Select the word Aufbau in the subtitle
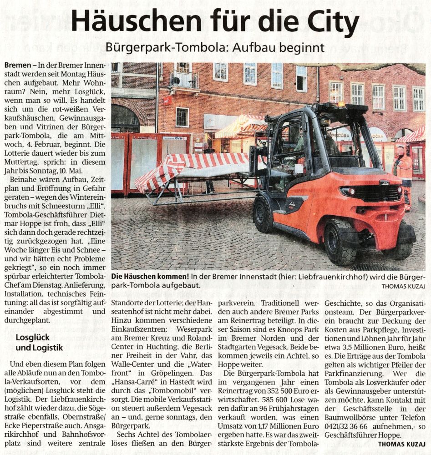click(x=240, y=47)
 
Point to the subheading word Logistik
click(x=47, y=348)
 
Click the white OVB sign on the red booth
click(x=181, y=138)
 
